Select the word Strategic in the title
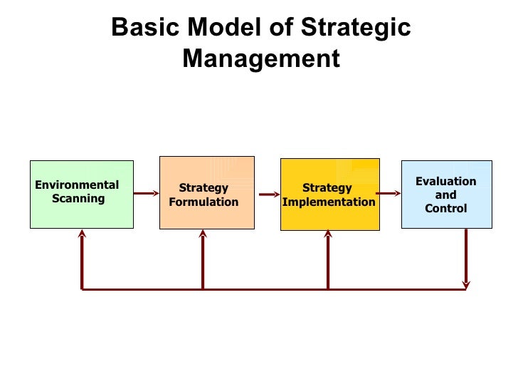356,28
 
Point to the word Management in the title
261,58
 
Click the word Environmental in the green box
78,185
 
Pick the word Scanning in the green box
78,199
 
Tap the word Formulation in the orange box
203,202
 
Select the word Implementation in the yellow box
329,202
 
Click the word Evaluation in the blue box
446,182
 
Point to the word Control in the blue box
446,209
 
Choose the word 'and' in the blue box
446,195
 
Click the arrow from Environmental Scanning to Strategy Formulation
147,192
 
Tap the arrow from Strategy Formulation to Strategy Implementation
268,194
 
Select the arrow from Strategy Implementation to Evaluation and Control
388,193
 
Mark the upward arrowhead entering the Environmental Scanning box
83,233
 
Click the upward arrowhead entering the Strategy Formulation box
203,233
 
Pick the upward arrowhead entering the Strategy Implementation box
328,233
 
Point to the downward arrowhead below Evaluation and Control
466,284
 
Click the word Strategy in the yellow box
327,188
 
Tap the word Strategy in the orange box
203,188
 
